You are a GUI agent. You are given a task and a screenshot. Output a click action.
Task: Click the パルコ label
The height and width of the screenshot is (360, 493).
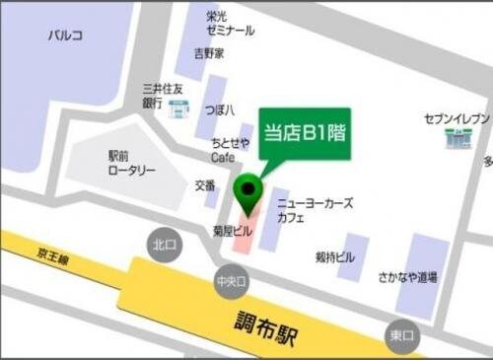66,36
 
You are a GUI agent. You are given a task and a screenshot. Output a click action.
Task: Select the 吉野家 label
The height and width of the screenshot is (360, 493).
209,52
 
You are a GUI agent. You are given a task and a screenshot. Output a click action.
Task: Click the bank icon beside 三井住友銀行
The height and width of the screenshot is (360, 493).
178,107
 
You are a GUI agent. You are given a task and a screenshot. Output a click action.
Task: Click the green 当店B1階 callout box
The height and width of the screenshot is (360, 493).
305,131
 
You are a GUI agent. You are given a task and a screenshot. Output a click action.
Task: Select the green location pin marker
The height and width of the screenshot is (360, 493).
246,189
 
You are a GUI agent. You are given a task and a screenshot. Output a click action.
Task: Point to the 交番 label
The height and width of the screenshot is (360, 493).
204,184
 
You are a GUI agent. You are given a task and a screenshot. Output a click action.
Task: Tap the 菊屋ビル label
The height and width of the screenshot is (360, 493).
233,230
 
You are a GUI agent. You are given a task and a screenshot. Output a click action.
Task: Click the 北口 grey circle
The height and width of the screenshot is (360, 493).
163,244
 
